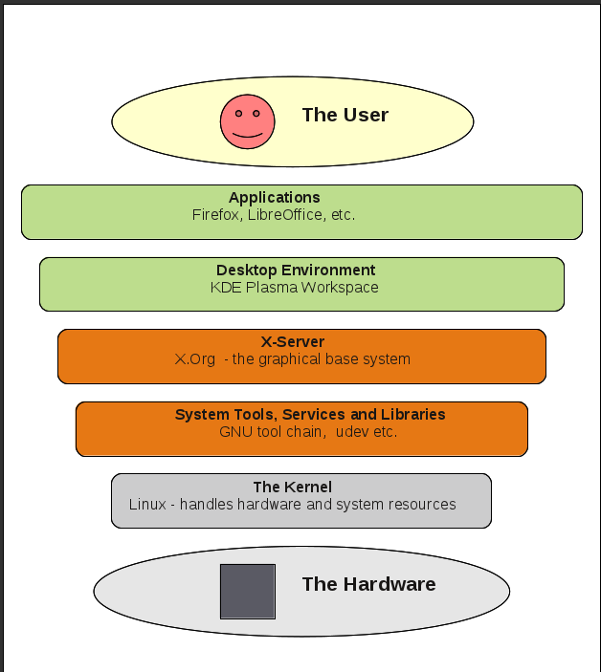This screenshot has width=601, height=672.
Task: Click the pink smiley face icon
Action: tap(247, 120)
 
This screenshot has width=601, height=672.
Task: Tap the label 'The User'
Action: tap(345, 115)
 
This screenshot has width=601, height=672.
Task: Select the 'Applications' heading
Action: tap(274, 198)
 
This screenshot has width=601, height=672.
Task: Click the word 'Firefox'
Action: tap(215, 215)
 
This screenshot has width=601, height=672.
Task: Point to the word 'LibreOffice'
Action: tap(284, 215)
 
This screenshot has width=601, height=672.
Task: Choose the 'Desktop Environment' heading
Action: tap(296, 271)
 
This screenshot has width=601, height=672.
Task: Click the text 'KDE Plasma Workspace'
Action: tap(295, 287)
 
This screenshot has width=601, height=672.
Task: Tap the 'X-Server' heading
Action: tap(293, 341)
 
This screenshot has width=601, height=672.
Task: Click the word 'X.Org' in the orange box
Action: tap(194, 359)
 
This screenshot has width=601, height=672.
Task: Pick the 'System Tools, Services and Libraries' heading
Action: tap(310, 415)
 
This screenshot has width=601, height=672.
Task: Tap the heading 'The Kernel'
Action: tap(293, 488)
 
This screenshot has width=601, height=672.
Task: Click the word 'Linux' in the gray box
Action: tap(147, 505)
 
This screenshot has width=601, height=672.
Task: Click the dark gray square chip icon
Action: tap(248, 591)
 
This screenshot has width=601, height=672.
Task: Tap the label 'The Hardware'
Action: tap(368, 584)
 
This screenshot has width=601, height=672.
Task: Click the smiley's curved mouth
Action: tap(247, 135)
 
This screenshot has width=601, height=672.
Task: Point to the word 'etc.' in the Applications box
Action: tap(342, 215)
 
